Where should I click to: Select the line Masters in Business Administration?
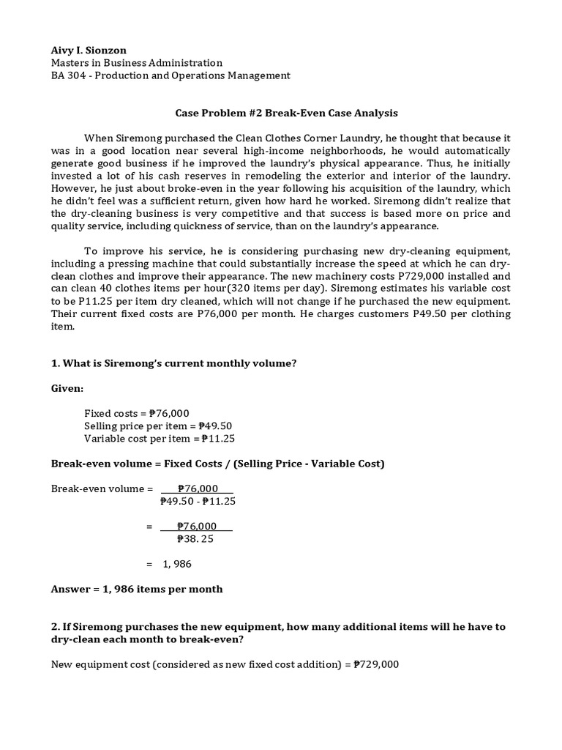click(137, 63)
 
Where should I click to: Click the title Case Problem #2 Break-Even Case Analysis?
click(286, 113)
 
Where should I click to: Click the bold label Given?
click(67, 389)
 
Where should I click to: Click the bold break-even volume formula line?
click(217, 464)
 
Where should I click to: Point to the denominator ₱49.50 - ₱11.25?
click(198, 502)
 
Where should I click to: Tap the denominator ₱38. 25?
click(196, 539)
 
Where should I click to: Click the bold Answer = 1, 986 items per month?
click(137, 589)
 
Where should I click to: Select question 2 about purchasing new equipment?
click(279, 633)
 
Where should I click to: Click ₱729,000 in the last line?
click(376, 664)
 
